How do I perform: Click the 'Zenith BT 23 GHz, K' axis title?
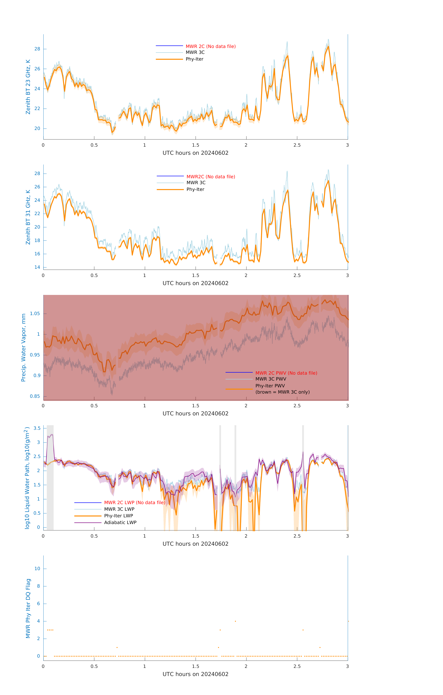(x=28, y=87)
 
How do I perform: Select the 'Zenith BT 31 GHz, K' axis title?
(x=28, y=217)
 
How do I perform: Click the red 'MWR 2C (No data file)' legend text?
(x=210, y=46)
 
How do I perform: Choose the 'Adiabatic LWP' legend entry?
(x=120, y=522)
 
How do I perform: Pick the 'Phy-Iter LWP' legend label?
(x=118, y=516)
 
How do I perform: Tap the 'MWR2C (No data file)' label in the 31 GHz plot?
(x=211, y=177)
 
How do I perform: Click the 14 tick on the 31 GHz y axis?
(x=37, y=267)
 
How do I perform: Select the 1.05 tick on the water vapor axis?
(x=35, y=314)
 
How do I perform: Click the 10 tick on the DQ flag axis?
(x=37, y=569)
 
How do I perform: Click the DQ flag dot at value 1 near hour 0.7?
(x=117, y=647)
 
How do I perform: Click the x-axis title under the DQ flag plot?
(x=195, y=674)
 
